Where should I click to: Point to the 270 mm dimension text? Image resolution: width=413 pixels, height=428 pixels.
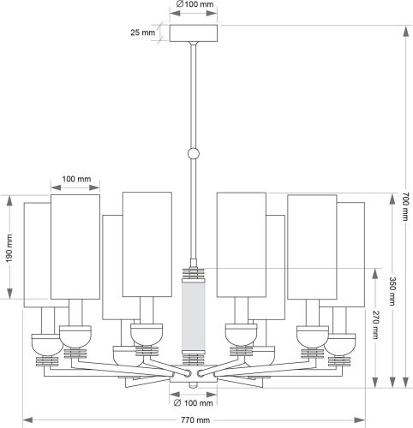tap(374, 326)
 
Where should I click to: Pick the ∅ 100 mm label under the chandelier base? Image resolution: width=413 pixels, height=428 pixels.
tap(193, 402)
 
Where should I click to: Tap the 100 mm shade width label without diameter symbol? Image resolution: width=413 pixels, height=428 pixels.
tap(76, 180)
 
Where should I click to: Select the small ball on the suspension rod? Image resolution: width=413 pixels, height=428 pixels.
tap(193, 155)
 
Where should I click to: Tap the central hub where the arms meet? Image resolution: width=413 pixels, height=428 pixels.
tap(193, 373)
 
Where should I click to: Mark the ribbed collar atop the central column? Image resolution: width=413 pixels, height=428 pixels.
tap(193, 276)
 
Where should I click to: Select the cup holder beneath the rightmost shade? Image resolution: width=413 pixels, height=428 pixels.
tap(347, 343)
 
